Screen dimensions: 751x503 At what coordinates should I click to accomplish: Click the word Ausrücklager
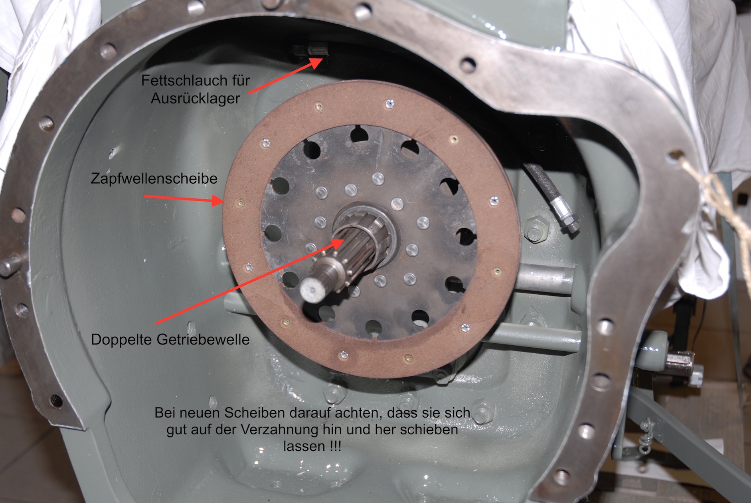click(196, 98)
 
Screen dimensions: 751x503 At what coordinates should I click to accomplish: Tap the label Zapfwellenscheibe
click(154, 178)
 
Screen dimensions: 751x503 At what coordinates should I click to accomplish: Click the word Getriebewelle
click(203, 339)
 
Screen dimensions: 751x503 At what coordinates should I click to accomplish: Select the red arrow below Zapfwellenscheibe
click(183, 199)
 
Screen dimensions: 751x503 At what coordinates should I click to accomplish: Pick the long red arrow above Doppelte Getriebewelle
click(250, 280)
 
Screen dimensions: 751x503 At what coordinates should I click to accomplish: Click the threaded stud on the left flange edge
click(10, 265)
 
